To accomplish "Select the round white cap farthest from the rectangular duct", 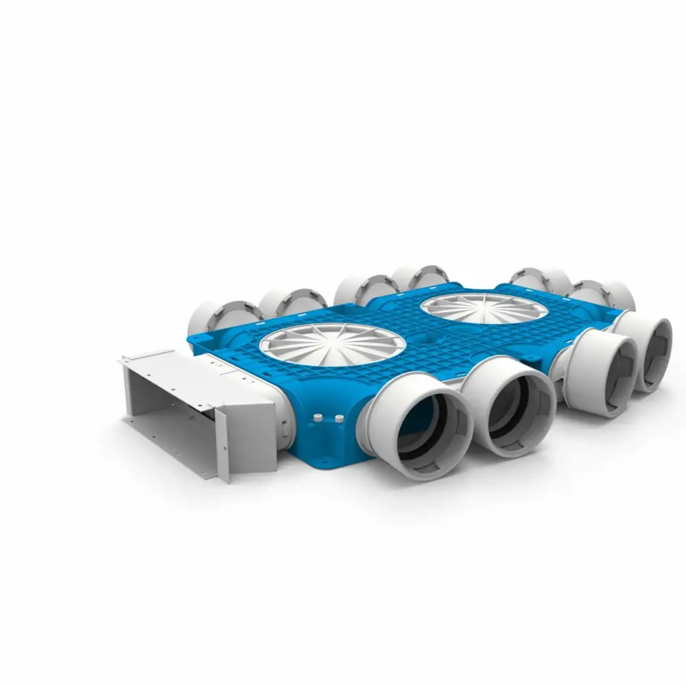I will pyautogui.click(x=484, y=308).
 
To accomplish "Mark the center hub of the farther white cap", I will pyautogui.click(x=484, y=307).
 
